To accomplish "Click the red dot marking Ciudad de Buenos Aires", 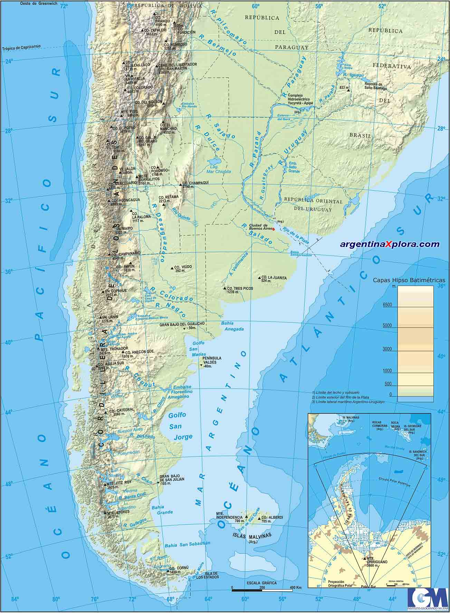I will pos(274,229).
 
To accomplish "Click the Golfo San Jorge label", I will pos(178,426).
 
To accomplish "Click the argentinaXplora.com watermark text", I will pos(390,244).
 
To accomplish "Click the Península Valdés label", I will pos(212,361).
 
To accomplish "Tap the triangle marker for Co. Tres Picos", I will pos(224,288).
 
